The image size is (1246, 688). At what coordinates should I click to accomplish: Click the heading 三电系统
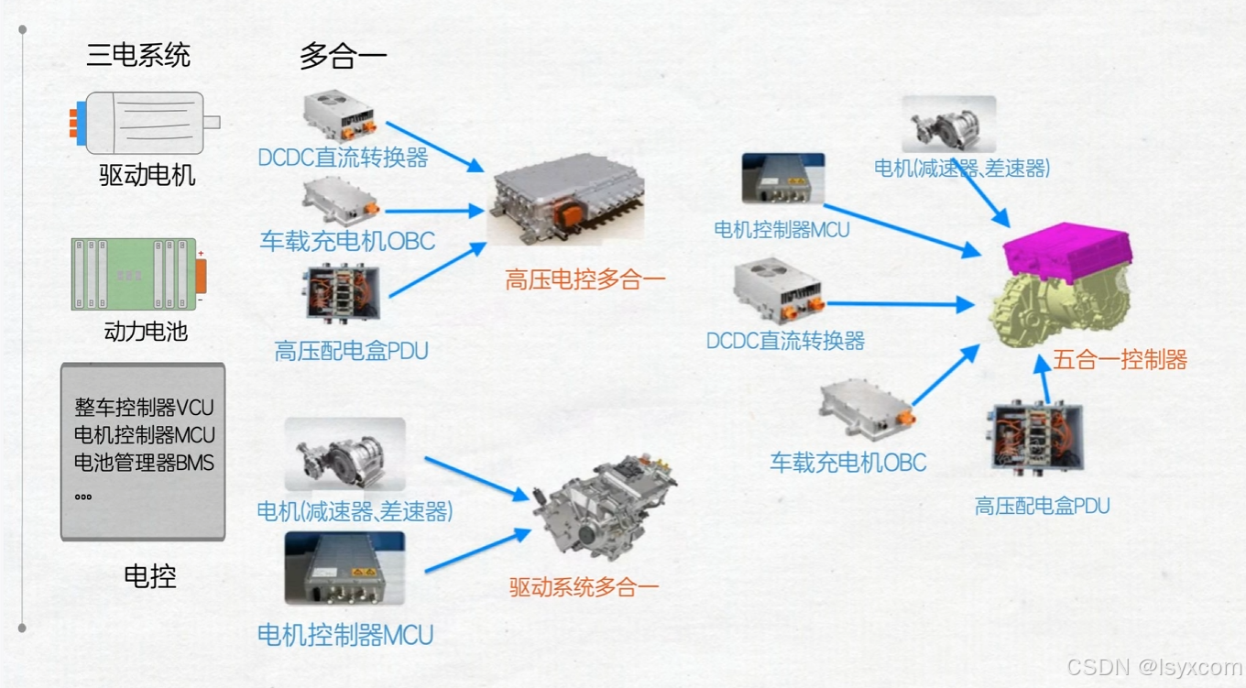pyautogui.click(x=138, y=55)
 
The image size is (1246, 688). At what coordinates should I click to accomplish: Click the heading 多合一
pyautogui.click(x=343, y=57)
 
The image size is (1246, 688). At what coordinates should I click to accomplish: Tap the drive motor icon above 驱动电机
pyautogui.click(x=145, y=123)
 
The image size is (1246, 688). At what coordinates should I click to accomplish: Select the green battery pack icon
pyautogui.click(x=137, y=274)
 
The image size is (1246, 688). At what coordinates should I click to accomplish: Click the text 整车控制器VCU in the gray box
pyautogui.click(x=144, y=407)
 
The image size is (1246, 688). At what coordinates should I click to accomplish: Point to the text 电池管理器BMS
pyautogui.click(x=144, y=463)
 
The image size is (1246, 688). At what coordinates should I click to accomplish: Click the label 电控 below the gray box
pyautogui.click(x=149, y=576)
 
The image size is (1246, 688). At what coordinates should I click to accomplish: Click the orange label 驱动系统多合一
pyautogui.click(x=584, y=587)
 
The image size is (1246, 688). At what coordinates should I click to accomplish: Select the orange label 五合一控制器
pyautogui.click(x=1120, y=359)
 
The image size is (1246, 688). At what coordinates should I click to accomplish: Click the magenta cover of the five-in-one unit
pyautogui.click(x=1067, y=251)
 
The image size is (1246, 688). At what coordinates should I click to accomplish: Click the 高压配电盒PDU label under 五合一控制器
pyautogui.click(x=1042, y=506)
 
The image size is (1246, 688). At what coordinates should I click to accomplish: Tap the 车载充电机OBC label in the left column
pyautogui.click(x=347, y=241)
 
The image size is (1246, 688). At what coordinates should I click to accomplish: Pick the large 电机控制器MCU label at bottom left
pyautogui.click(x=345, y=634)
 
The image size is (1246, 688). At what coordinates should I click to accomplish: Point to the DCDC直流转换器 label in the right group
pyautogui.click(x=785, y=341)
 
